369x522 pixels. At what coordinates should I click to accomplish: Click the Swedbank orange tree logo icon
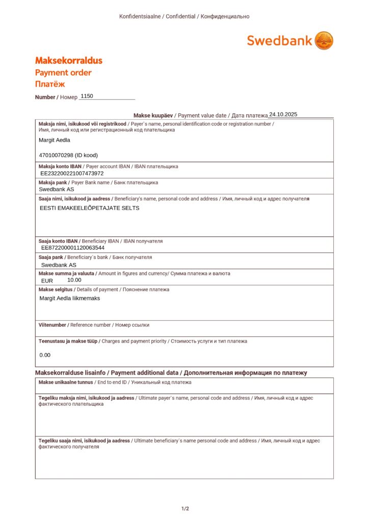click(x=324, y=40)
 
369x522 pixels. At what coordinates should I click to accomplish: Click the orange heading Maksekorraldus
click(x=68, y=61)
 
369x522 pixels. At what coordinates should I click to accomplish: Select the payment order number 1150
click(x=87, y=96)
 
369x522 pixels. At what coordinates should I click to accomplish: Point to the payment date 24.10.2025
click(x=283, y=115)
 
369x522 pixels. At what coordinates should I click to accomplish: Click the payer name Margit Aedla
click(x=55, y=140)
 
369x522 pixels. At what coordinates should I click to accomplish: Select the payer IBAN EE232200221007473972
click(x=72, y=173)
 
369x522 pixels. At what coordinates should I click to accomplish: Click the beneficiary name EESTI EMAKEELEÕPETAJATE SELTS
click(x=89, y=208)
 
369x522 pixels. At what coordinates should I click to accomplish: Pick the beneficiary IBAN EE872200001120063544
click(x=73, y=248)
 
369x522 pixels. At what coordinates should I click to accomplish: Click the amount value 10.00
click(x=74, y=280)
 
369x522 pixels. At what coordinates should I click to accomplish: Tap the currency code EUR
click(x=47, y=280)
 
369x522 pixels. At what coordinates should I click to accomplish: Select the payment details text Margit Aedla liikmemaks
click(x=70, y=298)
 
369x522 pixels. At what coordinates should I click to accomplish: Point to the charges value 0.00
click(x=45, y=355)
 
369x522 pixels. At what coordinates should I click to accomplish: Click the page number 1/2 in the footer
click(x=185, y=509)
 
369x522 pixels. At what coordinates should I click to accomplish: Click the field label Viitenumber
click(x=52, y=325)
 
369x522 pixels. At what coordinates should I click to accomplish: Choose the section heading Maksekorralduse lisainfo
click(x=72, y=373)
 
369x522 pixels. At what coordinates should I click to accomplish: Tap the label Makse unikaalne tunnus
click(x=66, y=382)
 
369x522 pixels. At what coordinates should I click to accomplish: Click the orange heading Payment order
click(x=63, y=72)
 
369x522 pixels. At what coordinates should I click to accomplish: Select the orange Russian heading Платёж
click(x=50, y=84)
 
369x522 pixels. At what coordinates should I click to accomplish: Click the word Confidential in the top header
click(x=180, y=16)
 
